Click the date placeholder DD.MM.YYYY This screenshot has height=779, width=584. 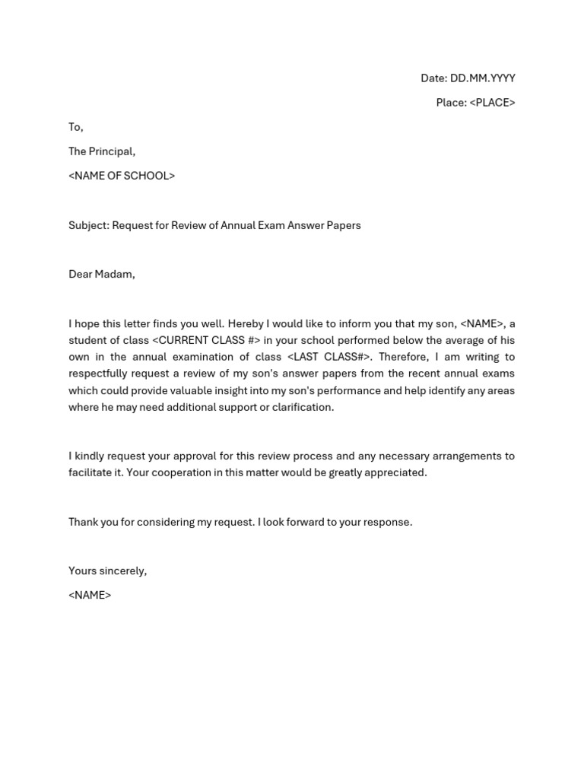point(482,78)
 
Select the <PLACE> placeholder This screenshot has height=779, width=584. point(492,103)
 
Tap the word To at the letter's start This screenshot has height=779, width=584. point(75,127)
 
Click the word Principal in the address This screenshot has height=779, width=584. point(112,151)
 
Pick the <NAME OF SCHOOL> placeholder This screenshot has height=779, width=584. point(122,176)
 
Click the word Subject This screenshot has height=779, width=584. point(88,225)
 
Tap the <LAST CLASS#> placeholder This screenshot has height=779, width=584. point(329,357)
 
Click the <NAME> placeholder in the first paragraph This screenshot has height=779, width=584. point(481,324)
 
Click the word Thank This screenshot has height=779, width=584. point(83,522)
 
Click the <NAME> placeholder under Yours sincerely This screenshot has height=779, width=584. point(90,595)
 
